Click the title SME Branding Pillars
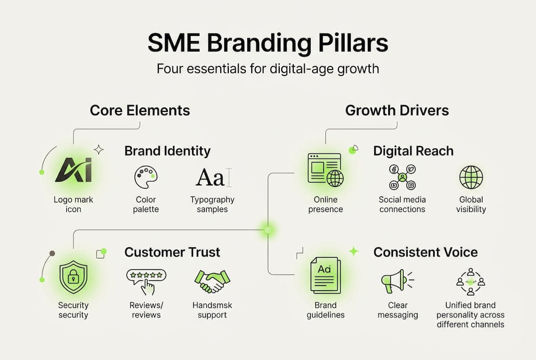pyautogui.click(x=268, y=44)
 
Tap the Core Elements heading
pyautogui.click(x=140, y=110)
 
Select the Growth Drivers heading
pyautogui.click(x=397, y=110)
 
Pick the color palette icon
pyautogui.click(x=146, y=177)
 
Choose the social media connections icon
pyautogui.click(x=402, y=177)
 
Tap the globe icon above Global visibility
pyautogui.click(x=471, y=177)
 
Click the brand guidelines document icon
pyautogui.click(x=325, y=275)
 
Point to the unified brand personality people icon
pyautogui.click(x=470, y=281)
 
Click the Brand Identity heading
pyautogui.click(x=167, y=151)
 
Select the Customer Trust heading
pyautogui.click(x=172, y=252)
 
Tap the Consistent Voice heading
pyautogui.click(x=425, y=252)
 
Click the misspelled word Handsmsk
pyautogui.click(x=212, y=305)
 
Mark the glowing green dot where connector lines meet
pyautogui.click(x=268, y=230)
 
